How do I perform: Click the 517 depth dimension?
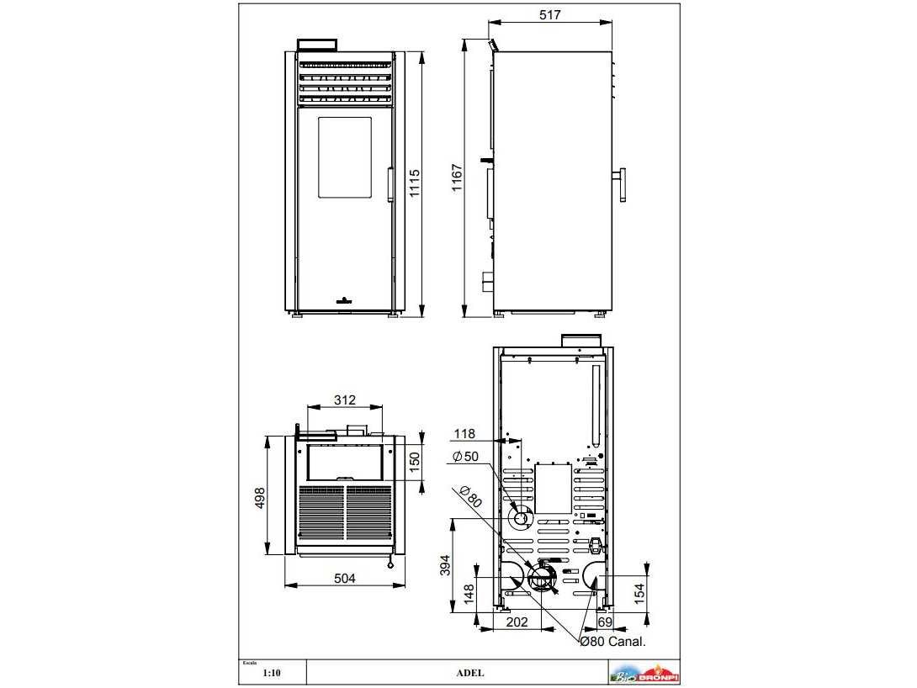coord(549,14)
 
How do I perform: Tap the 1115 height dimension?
coord(415,183)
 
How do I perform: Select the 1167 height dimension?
coord(457,177)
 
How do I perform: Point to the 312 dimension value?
coord(344,400)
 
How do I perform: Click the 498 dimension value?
coord(260,498)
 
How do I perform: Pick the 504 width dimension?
coord(344,578)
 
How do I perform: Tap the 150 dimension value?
coord(415,462)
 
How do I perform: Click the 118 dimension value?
coord(464,434)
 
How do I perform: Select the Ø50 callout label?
coord(465,457)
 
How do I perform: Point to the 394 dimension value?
coord(445,565)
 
